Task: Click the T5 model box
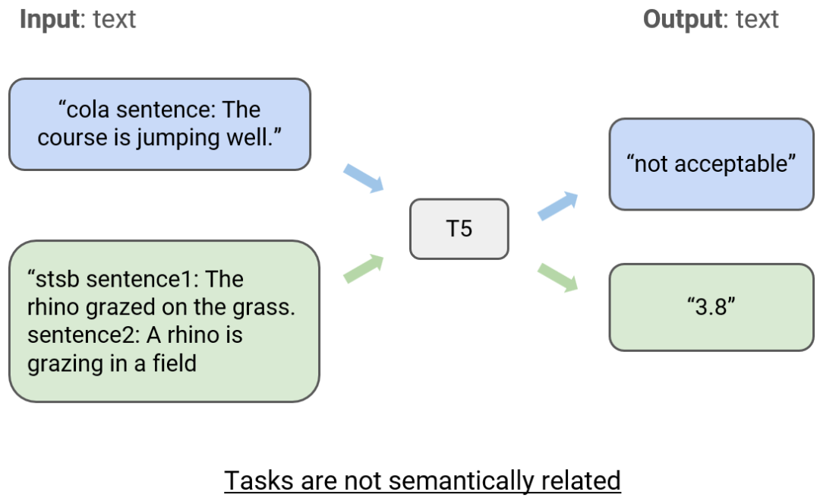[x=459, y=229]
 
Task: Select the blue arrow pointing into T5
[x=364, y=177]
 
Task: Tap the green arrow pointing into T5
[x=364, y=270]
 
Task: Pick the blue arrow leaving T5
[x=557, y=206]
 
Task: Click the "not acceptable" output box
[x=711, y=164]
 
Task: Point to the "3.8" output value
[x=711, y=307]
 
